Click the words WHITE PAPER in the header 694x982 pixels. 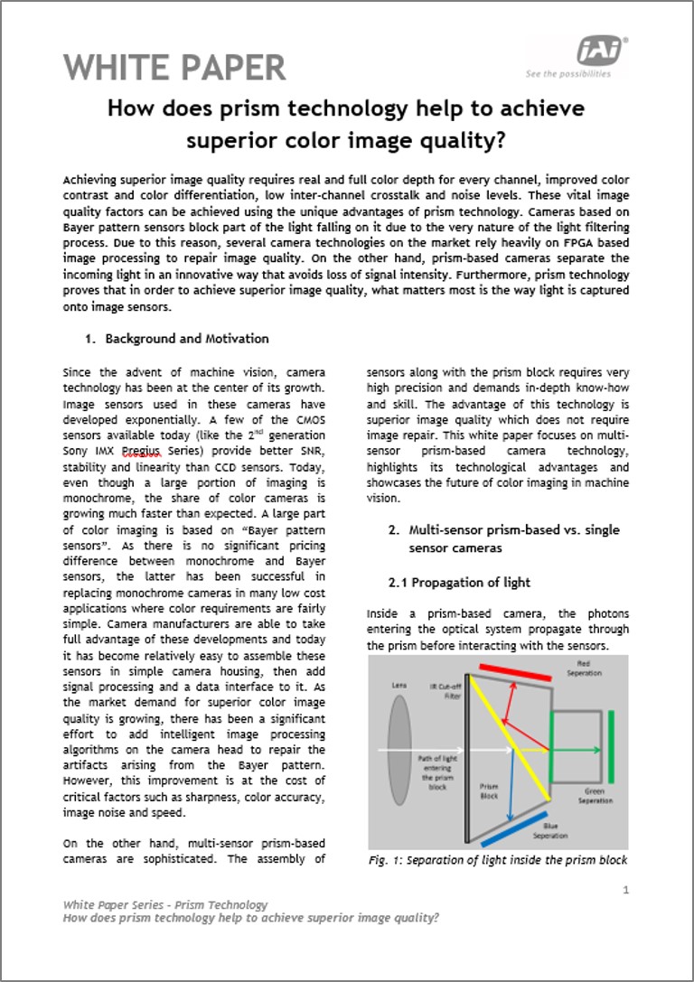click(x=174, y=68)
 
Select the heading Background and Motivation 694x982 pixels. click(x=187, y=339)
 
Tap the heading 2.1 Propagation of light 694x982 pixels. click(x=459, y=582)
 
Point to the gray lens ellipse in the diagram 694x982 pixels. click(x=399, y=750)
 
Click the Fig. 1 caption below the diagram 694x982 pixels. click(x=498, y=859)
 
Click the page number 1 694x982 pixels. click(x=625, y=890)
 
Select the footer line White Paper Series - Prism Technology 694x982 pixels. click(x=165, y=904)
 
